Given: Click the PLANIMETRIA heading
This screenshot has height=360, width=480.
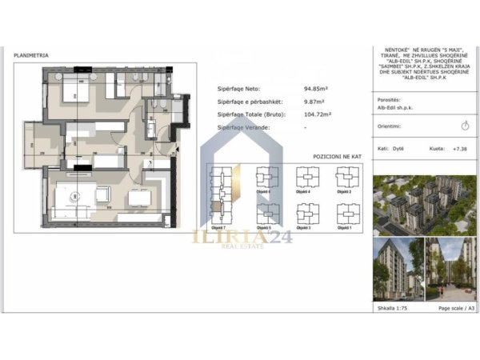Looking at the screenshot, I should [31, 55].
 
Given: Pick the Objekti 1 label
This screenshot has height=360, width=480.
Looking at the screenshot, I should [346, 228].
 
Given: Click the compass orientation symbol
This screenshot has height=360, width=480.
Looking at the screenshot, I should [466, 126].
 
